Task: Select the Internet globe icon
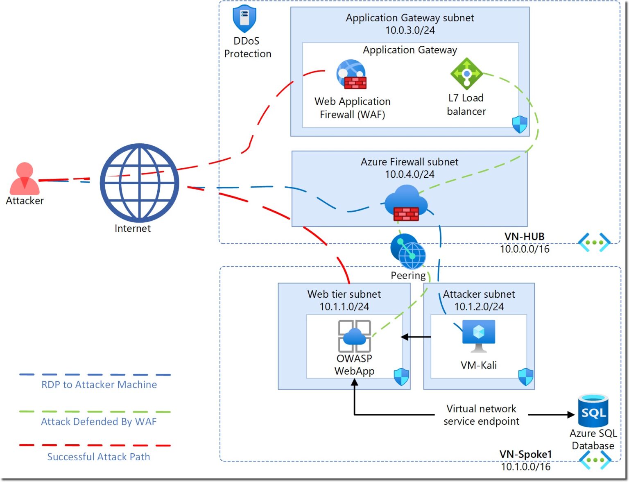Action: pyautogui.click(x=139, y=183)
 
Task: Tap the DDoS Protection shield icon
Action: pyautogui.click(x=244, y=19)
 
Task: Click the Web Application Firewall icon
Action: pyautogui.click(x=351, y=75)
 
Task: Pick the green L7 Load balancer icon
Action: pyautogui.click(x=466, y=74)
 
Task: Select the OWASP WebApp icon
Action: pyautogui.click(x=355, y=336)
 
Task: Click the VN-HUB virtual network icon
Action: pyautogui.click(x=594, y=242)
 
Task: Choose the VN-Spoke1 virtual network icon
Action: pyautogui.click(x=595, y=460)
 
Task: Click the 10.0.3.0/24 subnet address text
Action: pyautogui.click(x=410, y=30)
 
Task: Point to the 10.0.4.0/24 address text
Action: pyautogui.click(x=410, y=174)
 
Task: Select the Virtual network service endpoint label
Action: pyautogui.click(x=481, y=415)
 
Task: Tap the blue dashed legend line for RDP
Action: pyautogui.click(x=95, y=375)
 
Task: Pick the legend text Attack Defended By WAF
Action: pyautogui.click(x=99, y=422)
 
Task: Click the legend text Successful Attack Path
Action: pyautogui.click(x=99, y=457)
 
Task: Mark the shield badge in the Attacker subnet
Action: pyautogui.click(x=525, y=377)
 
